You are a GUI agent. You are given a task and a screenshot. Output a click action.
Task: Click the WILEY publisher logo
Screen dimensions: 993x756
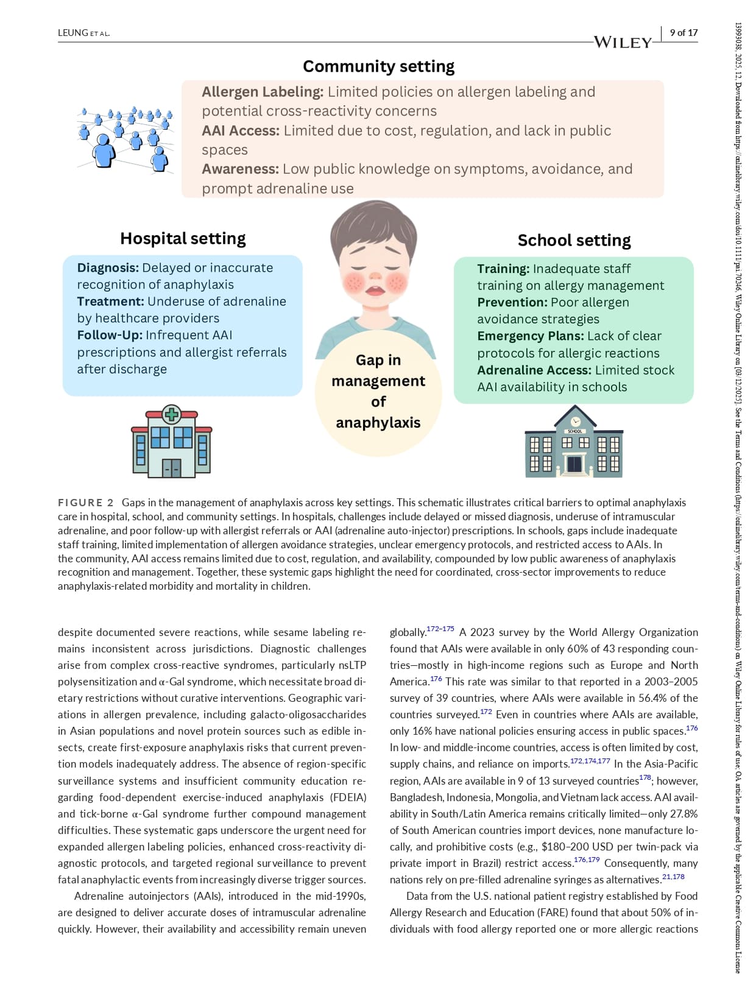click(623, 42)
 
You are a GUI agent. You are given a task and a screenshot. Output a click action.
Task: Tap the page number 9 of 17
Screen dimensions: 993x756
click(684, 33)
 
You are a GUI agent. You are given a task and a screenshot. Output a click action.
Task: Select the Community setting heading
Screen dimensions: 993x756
click(378, 66)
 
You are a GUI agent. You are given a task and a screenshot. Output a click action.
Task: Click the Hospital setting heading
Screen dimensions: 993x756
click(183, 238)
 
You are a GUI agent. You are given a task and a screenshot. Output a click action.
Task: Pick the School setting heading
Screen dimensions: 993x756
click(574, 240)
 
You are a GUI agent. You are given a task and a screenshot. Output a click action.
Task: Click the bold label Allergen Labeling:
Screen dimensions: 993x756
click(263, 92)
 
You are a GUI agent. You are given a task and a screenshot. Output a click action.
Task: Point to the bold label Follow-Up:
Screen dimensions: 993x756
click(109, 335)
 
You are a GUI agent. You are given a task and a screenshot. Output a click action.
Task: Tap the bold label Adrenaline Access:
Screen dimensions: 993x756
click(534, 370)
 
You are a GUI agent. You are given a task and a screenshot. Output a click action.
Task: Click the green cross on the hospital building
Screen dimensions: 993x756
click(172, 414)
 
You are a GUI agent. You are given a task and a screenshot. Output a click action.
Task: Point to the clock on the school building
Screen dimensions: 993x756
click(575, 422)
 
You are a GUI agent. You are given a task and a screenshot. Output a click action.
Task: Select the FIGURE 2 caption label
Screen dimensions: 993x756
click(86, 503)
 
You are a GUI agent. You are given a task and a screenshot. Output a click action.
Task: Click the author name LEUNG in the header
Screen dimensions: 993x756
click(73, 33)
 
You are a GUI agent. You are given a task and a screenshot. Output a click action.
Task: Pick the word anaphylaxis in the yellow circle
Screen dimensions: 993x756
click(378, 423)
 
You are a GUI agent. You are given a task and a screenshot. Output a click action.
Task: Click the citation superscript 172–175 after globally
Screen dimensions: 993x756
click(440, 629)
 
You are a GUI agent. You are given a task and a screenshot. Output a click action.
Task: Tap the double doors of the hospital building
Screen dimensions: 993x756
click(171, 468)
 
